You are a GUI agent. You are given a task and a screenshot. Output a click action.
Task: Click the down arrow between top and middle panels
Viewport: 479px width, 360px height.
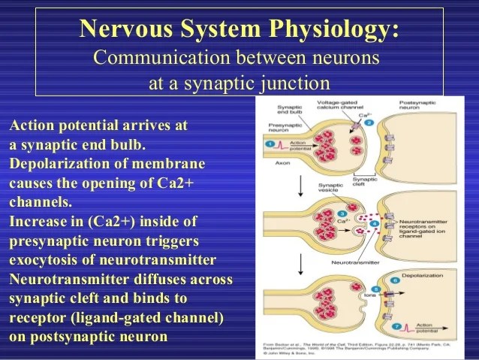tap(300, 185)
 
